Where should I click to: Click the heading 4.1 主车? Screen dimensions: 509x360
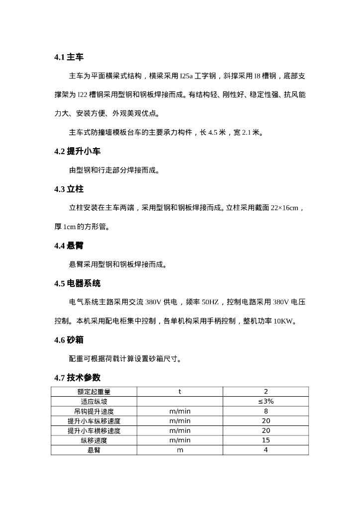coord(69,58)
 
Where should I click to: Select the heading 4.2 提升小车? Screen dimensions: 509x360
coord(77,152)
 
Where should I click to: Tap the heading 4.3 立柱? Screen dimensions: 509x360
coord(69,189)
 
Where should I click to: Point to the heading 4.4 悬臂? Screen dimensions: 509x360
coord(69,246)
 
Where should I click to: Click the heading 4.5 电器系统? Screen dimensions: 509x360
coord(77,283)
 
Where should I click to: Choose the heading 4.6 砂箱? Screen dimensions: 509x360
coord(69,340)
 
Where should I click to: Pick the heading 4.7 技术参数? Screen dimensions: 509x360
coord(77,378)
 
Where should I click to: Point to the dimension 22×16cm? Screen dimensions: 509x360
coord(284,208)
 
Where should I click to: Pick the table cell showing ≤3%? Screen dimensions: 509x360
coord(266,402)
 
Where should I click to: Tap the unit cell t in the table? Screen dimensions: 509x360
coord(180,392)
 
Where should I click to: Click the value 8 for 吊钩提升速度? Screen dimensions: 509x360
coord(266,411)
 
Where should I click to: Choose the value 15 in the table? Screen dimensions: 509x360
coord(266,440)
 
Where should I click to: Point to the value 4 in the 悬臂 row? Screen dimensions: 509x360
coord(266,450)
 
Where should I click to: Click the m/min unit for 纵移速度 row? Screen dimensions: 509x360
coord(180,440)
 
